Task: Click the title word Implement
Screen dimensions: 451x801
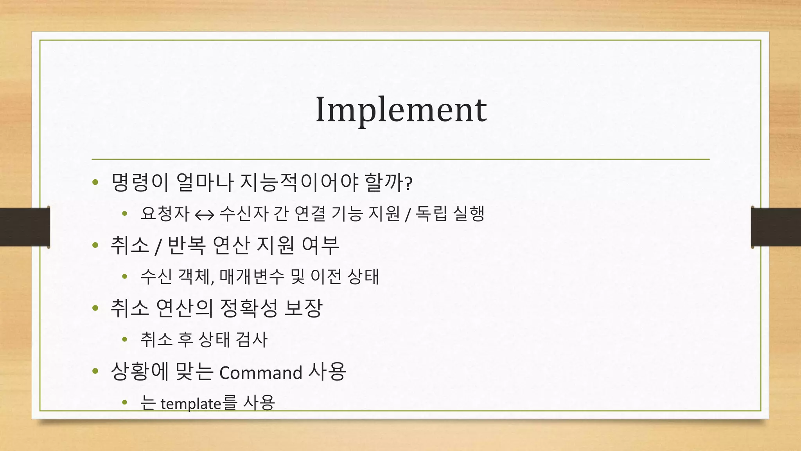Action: tap(401, 110)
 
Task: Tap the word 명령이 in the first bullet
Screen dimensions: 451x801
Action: tap(140, 182)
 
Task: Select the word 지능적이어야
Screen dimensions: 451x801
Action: tap(299, 182)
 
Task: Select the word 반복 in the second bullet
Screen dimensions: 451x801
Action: tap(186, 245)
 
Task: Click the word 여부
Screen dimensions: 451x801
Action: tap(320, 245)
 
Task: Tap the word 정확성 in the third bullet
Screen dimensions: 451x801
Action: tap(249, 308)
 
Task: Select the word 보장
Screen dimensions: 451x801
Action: tap(303, 308)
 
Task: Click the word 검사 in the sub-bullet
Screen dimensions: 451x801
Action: tap(251, 339)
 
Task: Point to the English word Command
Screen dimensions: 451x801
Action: tap(260, 372)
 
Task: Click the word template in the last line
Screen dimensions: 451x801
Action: tap(191, 404)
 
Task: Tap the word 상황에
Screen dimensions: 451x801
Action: tap(140, 372)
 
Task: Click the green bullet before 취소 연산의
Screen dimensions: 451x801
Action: tap(95, 308)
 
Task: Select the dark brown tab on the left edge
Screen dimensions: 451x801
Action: tap(24, 227)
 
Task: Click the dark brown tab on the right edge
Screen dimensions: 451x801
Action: tap(776, 227)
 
